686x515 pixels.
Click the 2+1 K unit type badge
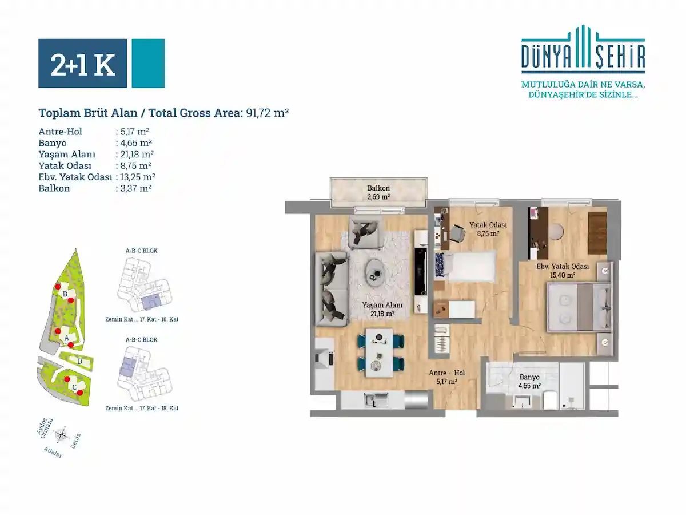pos(82,63)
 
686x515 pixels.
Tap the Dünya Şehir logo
pos(583,49)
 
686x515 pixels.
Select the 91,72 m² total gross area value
pos(267,113)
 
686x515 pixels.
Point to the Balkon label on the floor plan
pos(378,188)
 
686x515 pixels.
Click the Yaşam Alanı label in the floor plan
pos(382,305)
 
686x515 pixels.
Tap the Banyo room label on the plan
pos(529,377)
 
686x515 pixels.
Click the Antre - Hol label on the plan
pos(446,373)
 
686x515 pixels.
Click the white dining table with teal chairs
pos(379,352)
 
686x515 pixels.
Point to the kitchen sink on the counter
pos(376,400)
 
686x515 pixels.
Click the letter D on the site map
pos(79,362)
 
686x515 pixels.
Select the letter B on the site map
pos(65,294)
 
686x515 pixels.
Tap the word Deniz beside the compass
pos(75,441)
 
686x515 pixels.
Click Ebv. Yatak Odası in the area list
pos(75,177)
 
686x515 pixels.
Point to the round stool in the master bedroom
pos(557,232)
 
